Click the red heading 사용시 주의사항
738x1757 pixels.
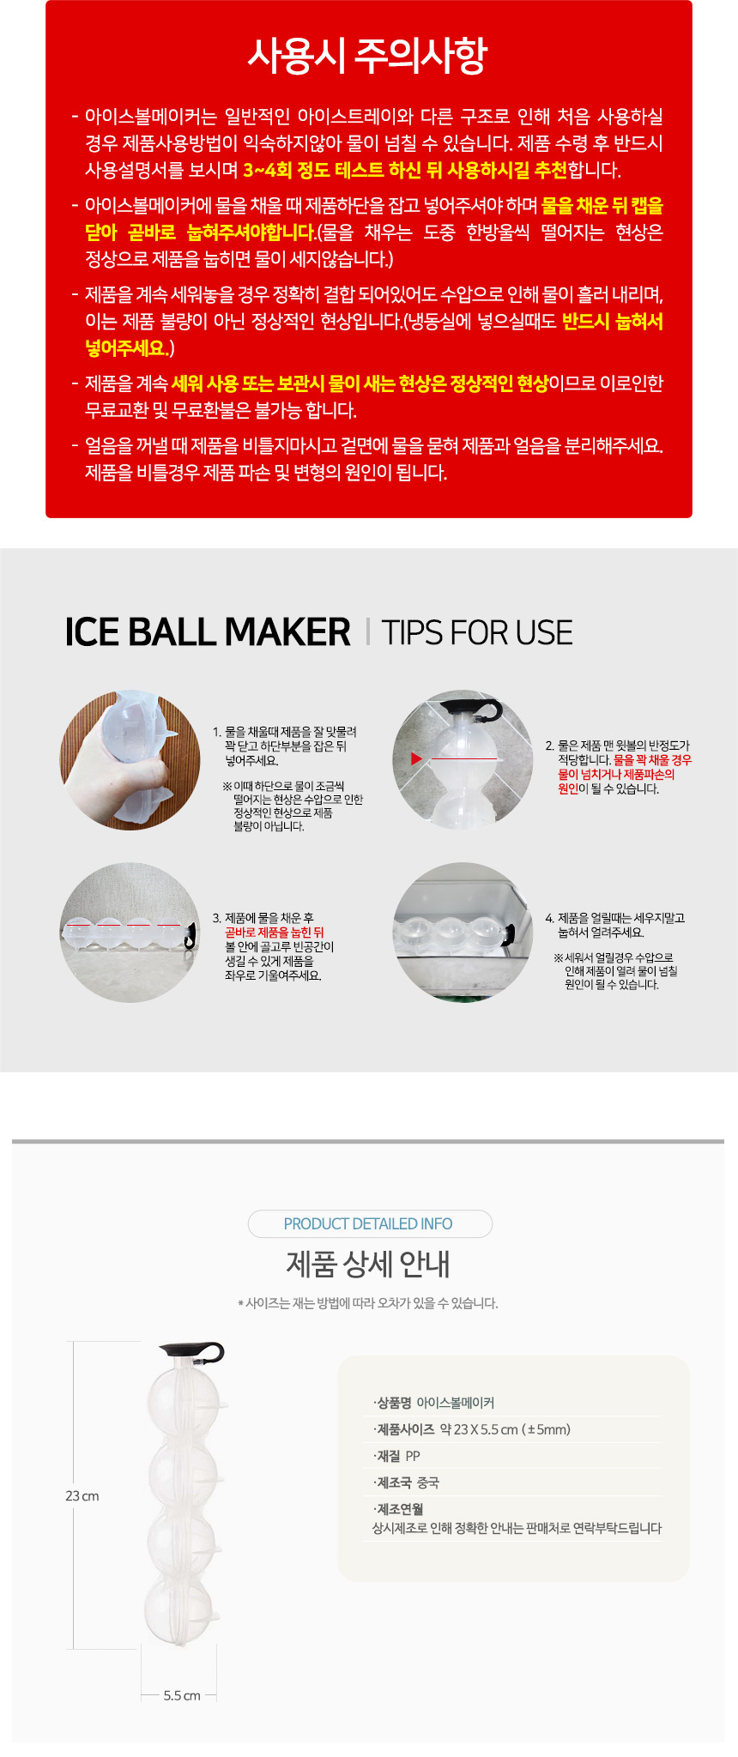click(x=367, y=56)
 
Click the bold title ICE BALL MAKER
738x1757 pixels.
click(x=208, y=632)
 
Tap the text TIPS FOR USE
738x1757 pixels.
click(x=477, y=632)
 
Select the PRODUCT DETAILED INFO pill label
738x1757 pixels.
click(x=368, y=1223)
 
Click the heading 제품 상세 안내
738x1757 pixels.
click(x=367, y=1264)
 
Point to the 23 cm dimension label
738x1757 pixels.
click(x=82, y=1495)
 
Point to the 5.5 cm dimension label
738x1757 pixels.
click(x=182, y=1695)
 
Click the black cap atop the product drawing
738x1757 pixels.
click(x=192, y=1353)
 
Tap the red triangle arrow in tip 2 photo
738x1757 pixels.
click(x=417, y=758)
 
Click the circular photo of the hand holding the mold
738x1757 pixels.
click(x=130, y=760)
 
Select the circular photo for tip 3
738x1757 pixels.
click(x=130, y=933)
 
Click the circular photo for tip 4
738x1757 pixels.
click(x=463, y=933)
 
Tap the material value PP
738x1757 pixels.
click(x=413, y=1456)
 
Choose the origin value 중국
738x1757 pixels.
click(x=427, y=1482)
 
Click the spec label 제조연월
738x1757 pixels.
click(x=399, y=1509)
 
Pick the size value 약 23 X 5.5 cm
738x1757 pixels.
click(x=479, y=1429)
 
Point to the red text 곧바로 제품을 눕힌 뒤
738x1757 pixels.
click(x=275, y=933)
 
